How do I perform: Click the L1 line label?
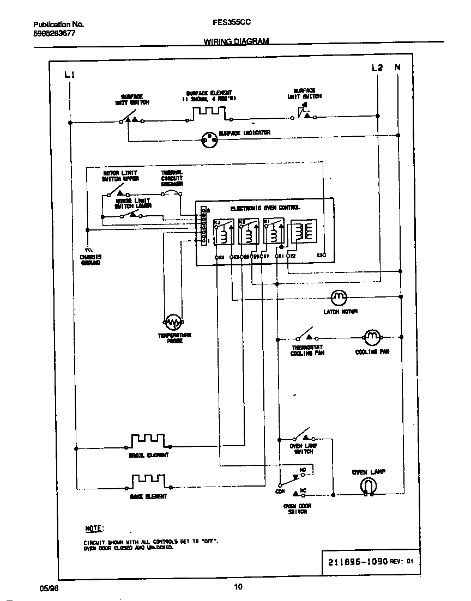click(x=69, y=75)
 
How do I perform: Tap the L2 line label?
click(x=377, y=68)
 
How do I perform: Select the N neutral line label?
click(x=397, y=68)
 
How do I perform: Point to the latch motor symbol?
click(x=339, y=297)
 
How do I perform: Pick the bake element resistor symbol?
click(x=147, y=481)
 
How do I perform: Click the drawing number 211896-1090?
click(x=358, y=561)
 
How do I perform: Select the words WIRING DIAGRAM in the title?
click(x=236, y=41)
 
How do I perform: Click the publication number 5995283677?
click(x=55, y=33)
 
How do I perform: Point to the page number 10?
click(x=238, y=587)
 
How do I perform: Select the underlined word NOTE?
click(x=94, y=529)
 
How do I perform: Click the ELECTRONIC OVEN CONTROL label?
click(x=265, y=208)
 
